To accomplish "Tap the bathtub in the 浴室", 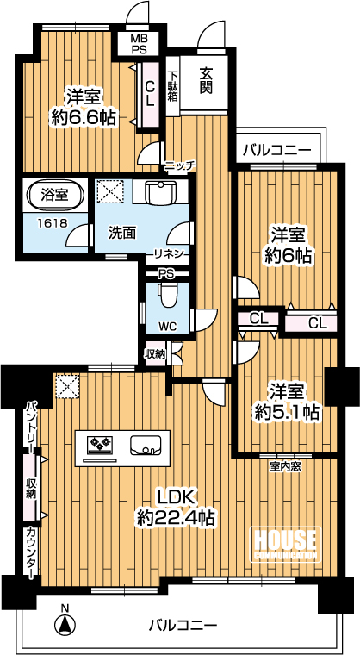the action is pyautogui.click(x=55, y=194).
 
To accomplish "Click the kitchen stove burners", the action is pyautogui.click(x=100, y=444).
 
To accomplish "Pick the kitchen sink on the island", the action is pyautogui.click(x=146, y=445).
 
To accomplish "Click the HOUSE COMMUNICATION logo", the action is pyautogui.click(x=285, y=545).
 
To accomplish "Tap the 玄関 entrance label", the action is pyautogui.click(x=206, y=81).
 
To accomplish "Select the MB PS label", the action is pyautogui.click(x=137, y=44).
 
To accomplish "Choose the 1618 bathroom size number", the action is pyautogui.click(x=53, y=223).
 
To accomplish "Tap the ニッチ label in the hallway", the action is pyautogui.click(x=179, y=165).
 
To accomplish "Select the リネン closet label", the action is pyautogui.click(x=169, y=253).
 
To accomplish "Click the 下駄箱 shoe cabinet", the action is pyautogui.click(x=172, y=86).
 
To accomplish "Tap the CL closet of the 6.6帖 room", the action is pyautogui.click(x=150, y=94).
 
